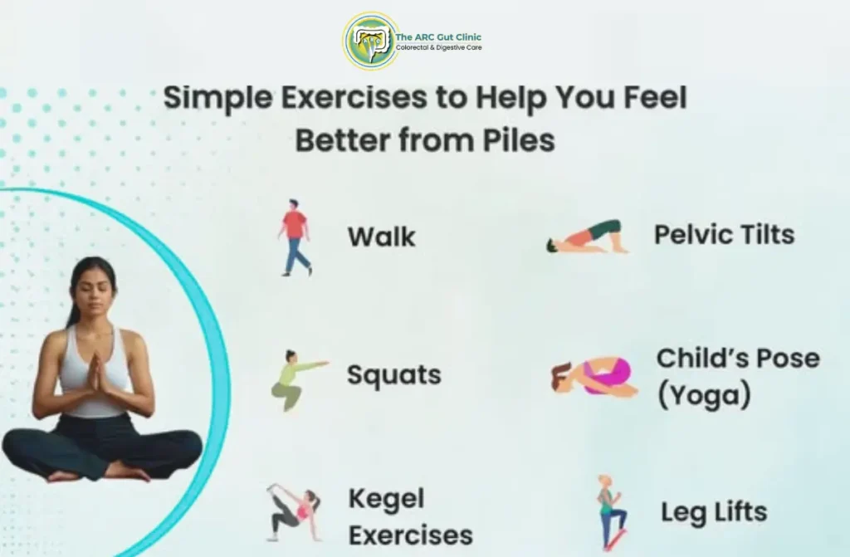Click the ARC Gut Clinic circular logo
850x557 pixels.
point(369,41)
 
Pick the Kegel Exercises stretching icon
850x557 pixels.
point(291,513)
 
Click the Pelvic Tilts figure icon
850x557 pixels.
point(586,238)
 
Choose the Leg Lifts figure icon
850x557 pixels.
point(611,512)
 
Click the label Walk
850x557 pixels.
point(381,237)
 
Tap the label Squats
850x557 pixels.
point(393,375)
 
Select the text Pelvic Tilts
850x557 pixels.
point(724,235)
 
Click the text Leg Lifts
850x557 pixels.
point(714,512)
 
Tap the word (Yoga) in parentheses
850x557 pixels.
point(704,396)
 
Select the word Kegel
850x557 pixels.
point(386,499)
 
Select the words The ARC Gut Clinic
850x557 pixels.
point(438,37)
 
